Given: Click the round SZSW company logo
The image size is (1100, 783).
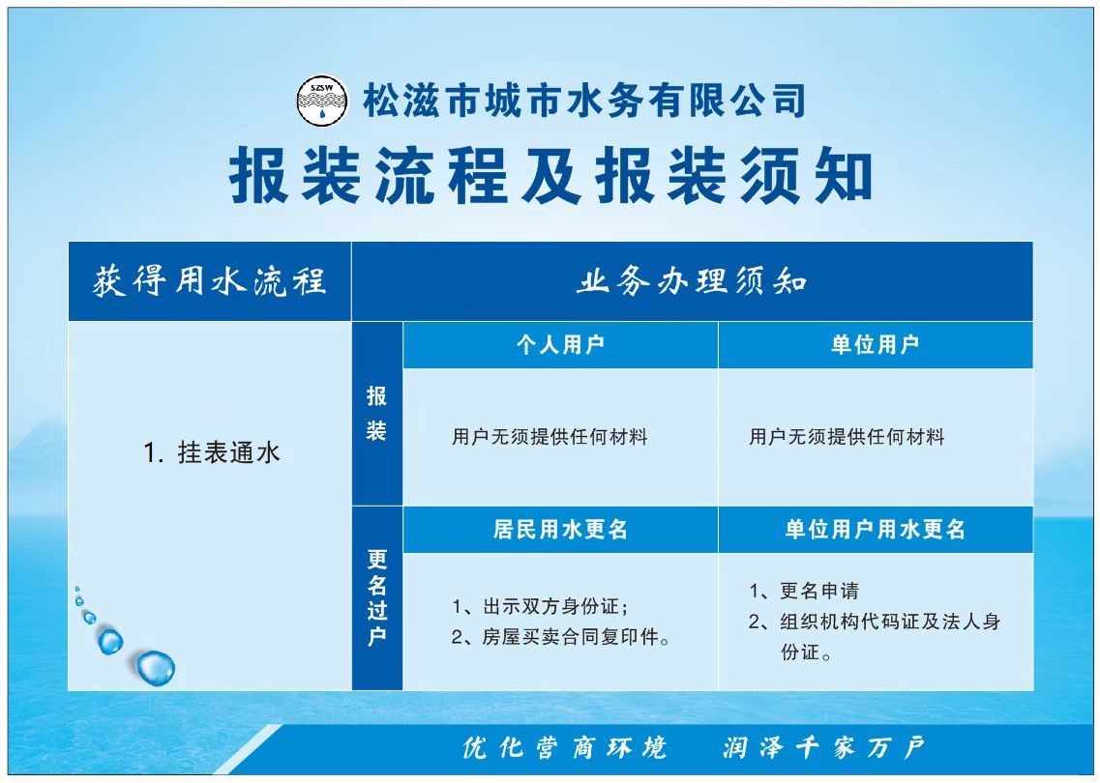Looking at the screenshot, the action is click(x=322, y=101).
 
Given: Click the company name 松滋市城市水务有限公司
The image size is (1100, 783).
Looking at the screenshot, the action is click(x=583, y=101).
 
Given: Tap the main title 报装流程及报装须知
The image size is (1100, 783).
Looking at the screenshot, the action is click(x=550, y=175).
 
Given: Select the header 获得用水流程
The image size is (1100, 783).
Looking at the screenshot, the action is click(x=209, y=281).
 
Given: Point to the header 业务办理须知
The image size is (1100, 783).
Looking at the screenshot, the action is click(x=692, y=281).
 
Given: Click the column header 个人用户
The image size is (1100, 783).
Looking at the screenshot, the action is click(x=560, y=344).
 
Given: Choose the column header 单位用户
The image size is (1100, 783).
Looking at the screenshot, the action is click(x=875, y=344).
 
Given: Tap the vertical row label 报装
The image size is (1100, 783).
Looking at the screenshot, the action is click(x=376, y=413).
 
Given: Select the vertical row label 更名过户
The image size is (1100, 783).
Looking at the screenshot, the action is click(x=376, y=598).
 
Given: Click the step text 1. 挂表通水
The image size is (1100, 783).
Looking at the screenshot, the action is click(x=211, y=452).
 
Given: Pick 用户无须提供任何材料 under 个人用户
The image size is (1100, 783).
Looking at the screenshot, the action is click(x=550, y=437).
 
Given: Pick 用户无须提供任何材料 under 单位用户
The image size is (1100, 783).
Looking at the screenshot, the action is click(x=847, y=437).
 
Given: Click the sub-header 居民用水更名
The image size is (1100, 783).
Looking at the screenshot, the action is click(x=560, y=529).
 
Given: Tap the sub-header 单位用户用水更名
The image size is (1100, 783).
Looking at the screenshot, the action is click(x=875, y=529).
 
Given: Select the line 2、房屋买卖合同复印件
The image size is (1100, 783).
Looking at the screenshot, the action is click(x=560, y=637).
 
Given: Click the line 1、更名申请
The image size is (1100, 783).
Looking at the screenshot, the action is click(x=804, y=591).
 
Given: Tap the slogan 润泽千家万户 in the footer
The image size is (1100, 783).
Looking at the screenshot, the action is click(x=824, y=748).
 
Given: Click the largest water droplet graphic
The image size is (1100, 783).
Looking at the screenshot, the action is click(x=156, y=668).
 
